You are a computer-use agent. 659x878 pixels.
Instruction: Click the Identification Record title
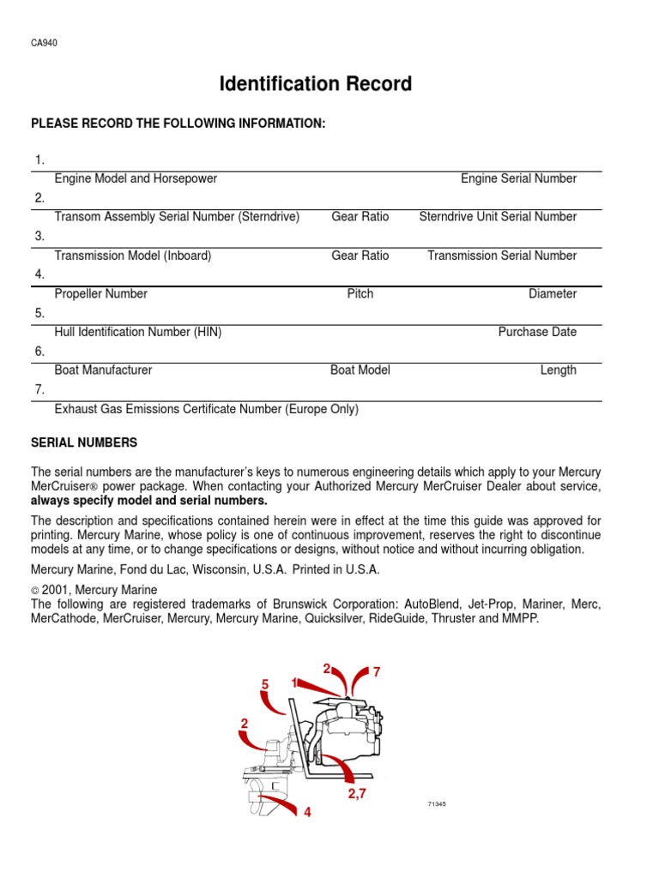point(316,84)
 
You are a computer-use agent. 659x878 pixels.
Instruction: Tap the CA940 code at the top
point(44,44)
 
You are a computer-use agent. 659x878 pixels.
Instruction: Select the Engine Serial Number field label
point(518,178)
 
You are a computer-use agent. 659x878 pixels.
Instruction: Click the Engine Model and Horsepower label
point(136,178)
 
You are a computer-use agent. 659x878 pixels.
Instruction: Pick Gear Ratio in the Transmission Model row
point(360,256)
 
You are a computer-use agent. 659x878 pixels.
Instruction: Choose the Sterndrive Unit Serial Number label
point(498,217)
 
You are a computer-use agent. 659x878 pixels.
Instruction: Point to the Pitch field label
point(360,294)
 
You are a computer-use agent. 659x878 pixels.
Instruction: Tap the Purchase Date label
point(537,332)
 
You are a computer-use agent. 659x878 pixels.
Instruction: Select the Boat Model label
point(360,370)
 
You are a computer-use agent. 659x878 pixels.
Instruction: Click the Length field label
point(558,370)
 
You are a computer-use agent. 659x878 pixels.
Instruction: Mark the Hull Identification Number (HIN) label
point(138,332)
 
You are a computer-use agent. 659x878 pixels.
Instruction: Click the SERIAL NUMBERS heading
point(84,442)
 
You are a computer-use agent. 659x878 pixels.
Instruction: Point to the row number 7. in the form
point(39,390)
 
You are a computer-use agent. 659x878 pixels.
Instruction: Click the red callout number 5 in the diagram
point(266,684)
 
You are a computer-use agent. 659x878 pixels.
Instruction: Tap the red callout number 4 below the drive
point(306,812)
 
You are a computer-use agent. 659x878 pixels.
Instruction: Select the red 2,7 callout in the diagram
point(357,794)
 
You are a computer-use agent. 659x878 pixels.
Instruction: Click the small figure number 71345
point(438,804)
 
